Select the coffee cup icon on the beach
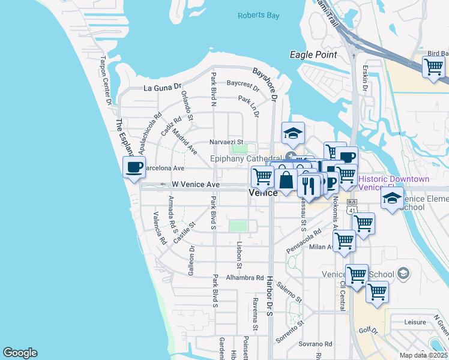(134, 167)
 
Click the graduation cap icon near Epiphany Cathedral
(293, 133)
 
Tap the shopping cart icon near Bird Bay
(433, 67)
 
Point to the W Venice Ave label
(195, 185)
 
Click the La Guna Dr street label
(162, 88)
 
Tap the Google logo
(20, 353)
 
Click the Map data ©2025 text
(424, 355)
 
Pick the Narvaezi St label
(225, 142)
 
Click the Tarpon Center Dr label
(106, 78)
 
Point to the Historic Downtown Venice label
(394, 183)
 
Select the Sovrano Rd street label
(316, 344)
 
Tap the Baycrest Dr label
(243, 88)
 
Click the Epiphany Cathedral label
(246, 159)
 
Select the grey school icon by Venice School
(403, 274)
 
